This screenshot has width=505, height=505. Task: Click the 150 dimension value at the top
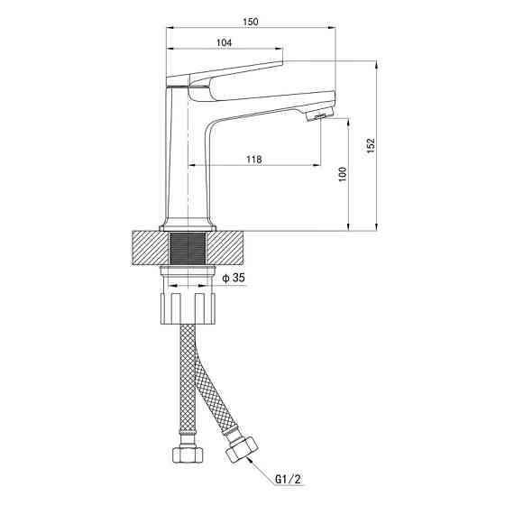point(251,22)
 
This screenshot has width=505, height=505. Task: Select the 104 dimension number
point(224,43)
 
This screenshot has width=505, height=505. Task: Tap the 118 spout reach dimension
point(254,160)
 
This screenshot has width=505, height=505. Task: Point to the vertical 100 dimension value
point(343,174)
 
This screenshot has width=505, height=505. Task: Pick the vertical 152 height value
point(372,145)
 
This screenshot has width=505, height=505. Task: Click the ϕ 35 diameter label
point(234,278)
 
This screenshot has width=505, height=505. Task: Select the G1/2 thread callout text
point(288,479)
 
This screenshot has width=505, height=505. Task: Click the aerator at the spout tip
point(319,115)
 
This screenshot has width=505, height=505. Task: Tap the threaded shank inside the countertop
point(188,248)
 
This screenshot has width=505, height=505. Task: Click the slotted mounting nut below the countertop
point(188,308)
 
